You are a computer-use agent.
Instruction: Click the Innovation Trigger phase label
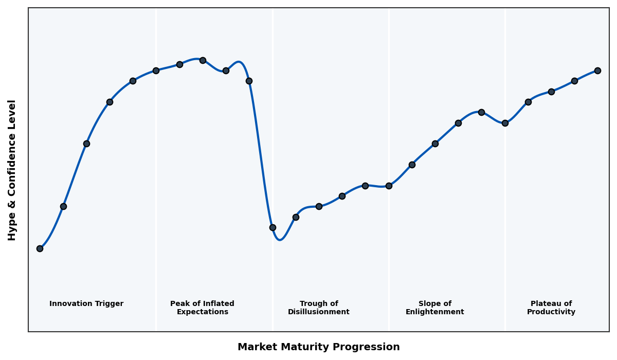86,304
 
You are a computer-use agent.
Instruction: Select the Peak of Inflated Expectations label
202,308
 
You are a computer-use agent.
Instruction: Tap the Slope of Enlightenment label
434,308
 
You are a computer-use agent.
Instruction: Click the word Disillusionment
318,312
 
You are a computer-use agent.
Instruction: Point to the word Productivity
551,312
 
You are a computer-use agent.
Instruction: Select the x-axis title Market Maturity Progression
318,347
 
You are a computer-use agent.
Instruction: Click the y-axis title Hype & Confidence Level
12,170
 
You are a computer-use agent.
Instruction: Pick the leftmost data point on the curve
40,248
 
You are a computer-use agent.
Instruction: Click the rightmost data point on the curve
597,70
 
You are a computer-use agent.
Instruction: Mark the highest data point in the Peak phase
203,60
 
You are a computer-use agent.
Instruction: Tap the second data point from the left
63,206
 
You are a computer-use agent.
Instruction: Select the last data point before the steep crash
249,81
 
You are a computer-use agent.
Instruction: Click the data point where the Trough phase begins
273,227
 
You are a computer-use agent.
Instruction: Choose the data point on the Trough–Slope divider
389,186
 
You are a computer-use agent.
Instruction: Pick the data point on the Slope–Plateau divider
505,123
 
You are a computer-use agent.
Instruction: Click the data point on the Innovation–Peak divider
156,70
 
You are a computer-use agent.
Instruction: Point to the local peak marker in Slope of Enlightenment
481,112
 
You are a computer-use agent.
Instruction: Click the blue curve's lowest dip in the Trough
280,240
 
